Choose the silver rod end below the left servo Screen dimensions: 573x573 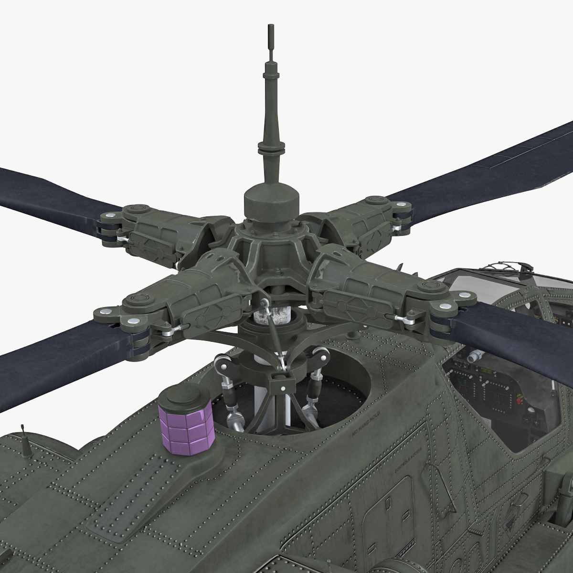click(x=234, y=417)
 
